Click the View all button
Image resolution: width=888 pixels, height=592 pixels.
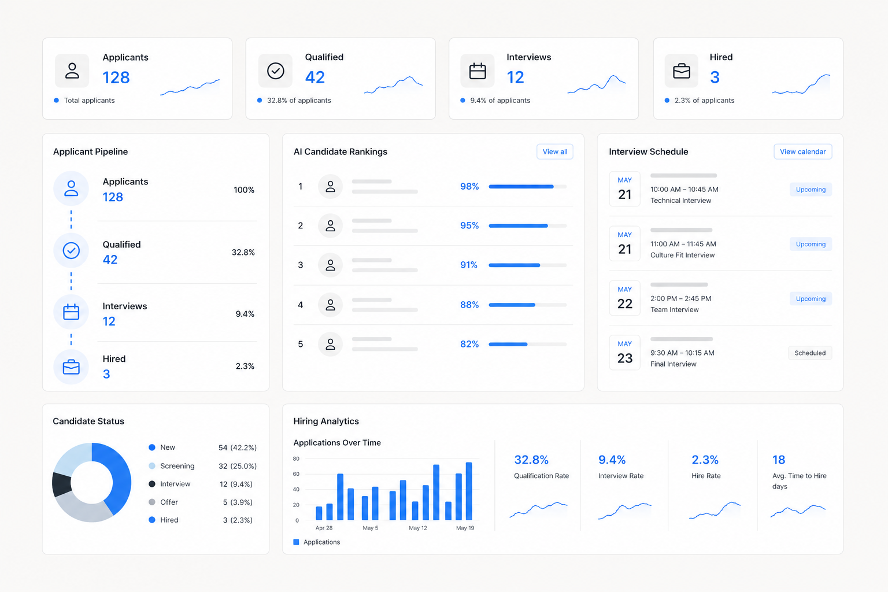coord(554,151)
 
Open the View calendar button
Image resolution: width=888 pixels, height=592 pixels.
coord(802,151)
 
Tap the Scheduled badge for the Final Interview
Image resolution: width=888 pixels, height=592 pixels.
coord(810,353)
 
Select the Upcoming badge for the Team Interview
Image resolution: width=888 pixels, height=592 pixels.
coord(811,298)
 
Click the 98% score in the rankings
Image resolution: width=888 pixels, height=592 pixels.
coord(469,186)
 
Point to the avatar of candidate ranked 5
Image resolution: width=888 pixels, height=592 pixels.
coord(330,344)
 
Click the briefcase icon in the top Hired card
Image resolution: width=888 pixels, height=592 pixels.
coord(682,71)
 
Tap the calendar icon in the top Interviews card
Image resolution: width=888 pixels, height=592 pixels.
coord(478,71)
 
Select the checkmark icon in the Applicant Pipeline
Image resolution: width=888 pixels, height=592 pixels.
coord(71,250)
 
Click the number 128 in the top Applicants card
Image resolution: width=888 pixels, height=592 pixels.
coord(116,77)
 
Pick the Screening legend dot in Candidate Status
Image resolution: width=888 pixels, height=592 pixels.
coord(152,466)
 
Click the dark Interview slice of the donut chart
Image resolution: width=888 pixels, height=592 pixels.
coord(61,484)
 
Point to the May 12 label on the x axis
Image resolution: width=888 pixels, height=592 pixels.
coord(418,528)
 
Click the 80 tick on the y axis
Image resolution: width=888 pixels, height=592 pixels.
coord(296,459)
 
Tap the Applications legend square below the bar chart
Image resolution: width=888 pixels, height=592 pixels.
coord(296,542)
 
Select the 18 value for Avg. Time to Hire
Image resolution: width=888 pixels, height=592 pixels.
coord(779,460)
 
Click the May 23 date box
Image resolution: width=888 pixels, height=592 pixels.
coord(624,353)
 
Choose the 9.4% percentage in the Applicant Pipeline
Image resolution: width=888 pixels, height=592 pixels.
coord(245,314)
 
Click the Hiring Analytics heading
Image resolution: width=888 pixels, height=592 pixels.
coord(326,421)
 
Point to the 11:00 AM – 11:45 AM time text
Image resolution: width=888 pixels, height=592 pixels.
coord(683,244)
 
